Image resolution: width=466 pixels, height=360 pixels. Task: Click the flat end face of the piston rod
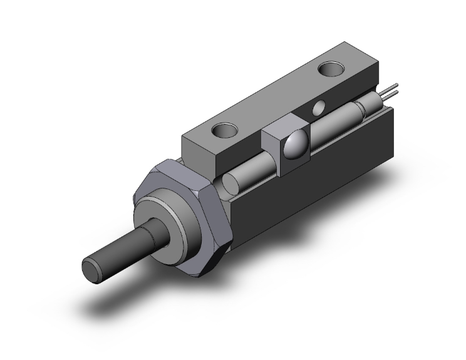(92, 267)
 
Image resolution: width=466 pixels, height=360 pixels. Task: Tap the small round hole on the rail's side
(318, 108)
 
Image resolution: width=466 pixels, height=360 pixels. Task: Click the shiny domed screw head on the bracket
(294, 146)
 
